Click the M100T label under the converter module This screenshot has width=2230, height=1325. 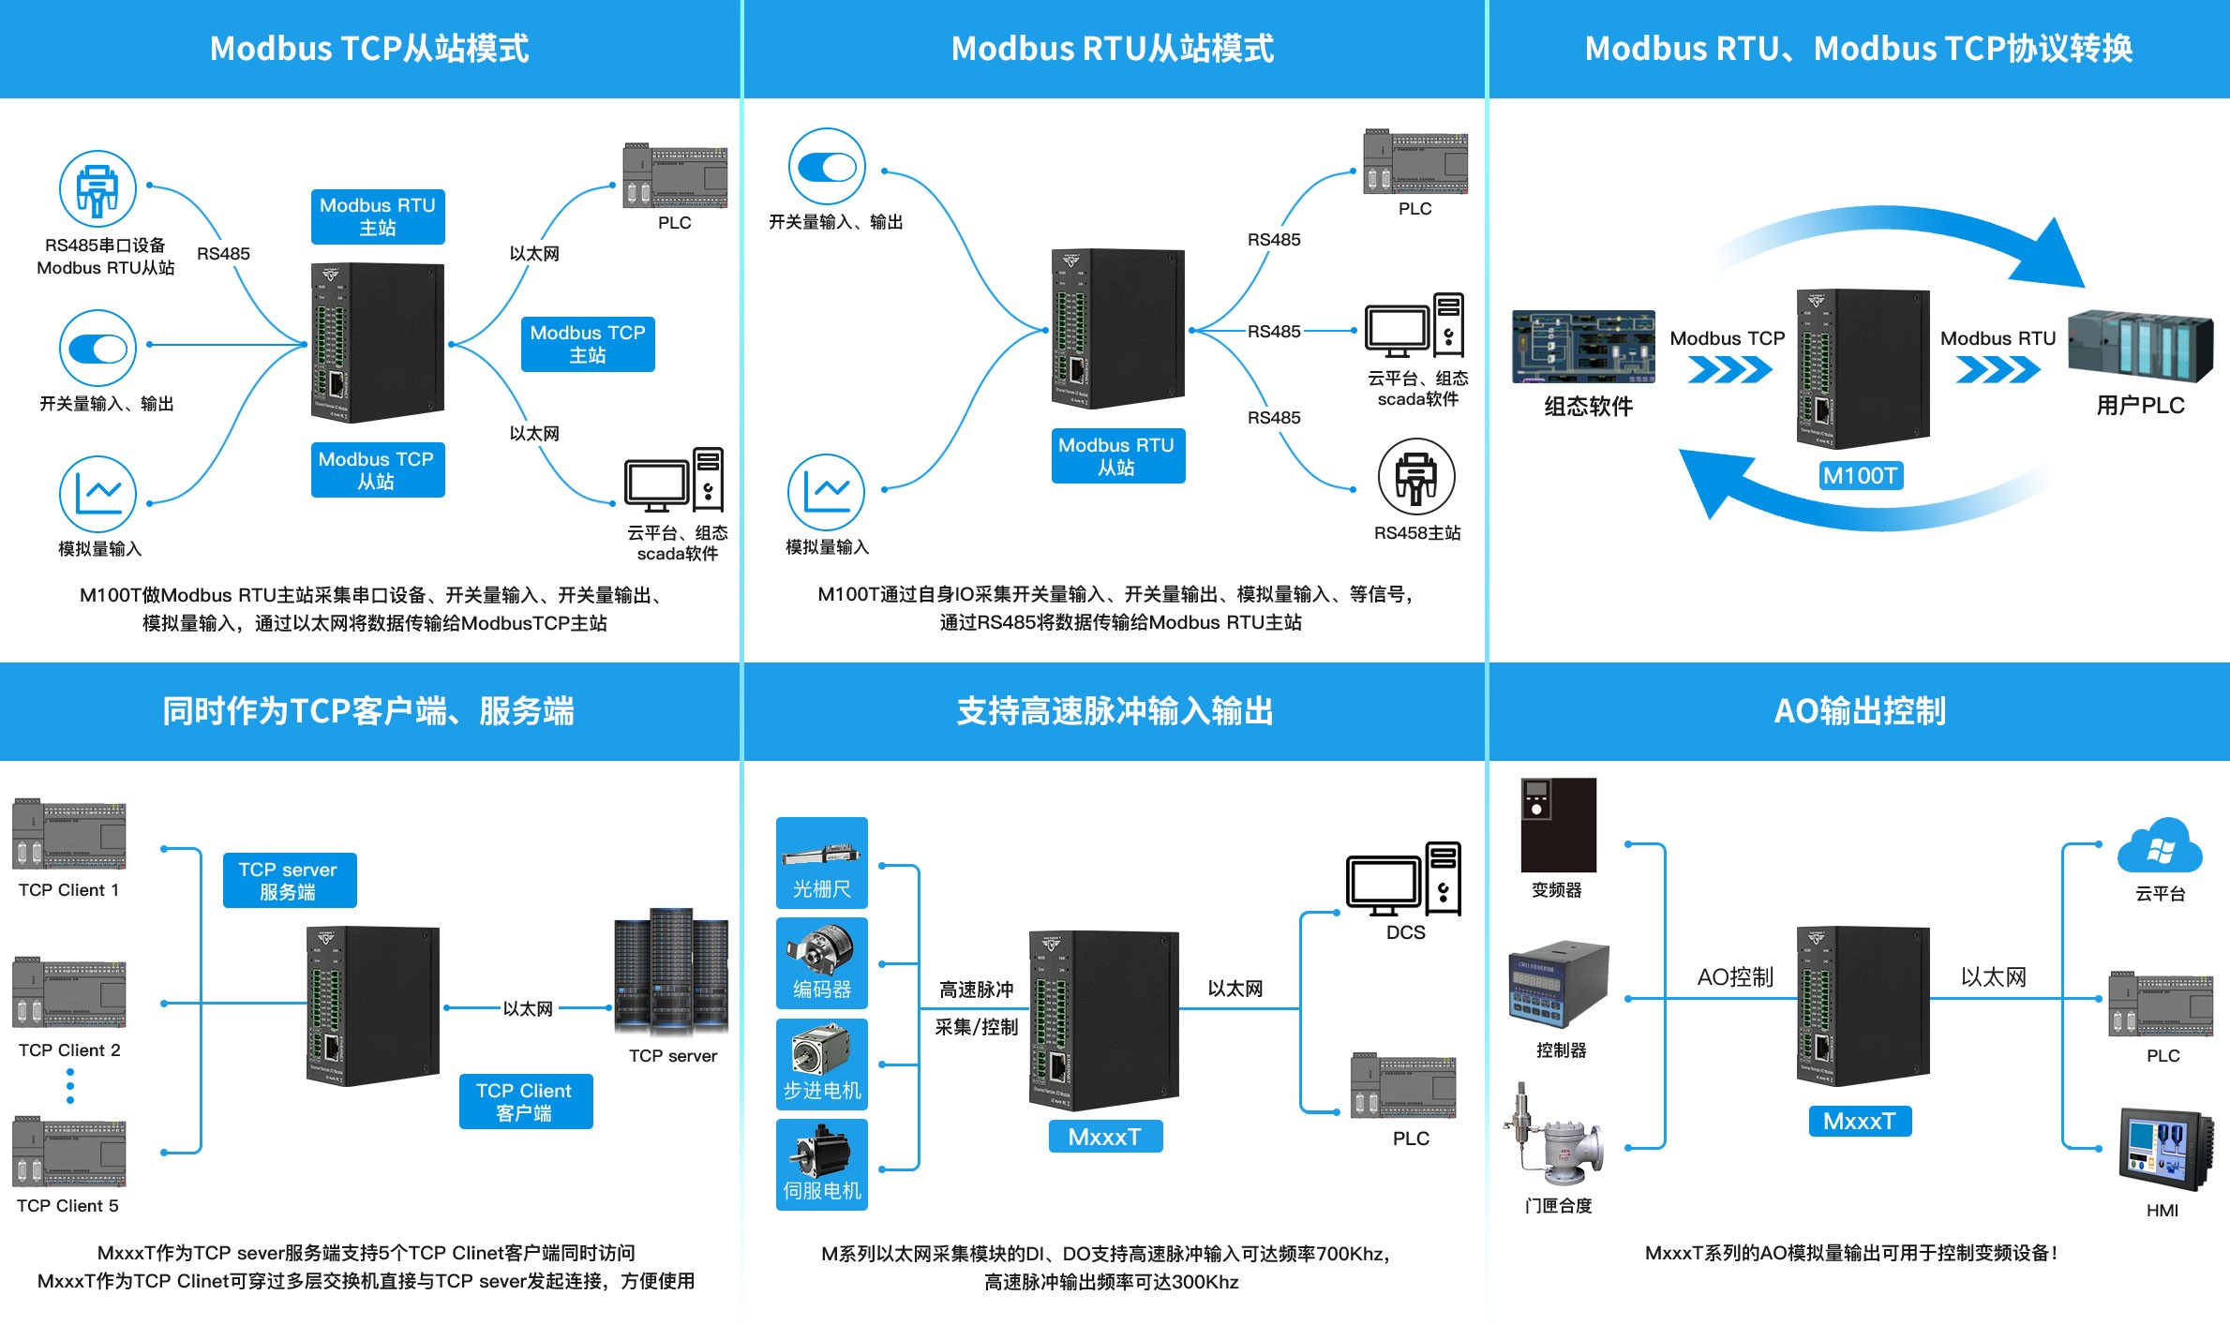(1860, 476)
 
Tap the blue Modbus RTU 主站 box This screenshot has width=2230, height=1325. (378, 216)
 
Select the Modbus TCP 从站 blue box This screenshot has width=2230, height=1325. (377, 469)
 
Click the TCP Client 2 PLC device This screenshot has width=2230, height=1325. (69, 993)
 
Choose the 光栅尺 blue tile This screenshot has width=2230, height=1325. (821, 863)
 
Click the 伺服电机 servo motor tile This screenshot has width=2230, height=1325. (821, 1164)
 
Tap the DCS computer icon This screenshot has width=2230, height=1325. (1403, 880)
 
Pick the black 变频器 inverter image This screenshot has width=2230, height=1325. (1557, 825)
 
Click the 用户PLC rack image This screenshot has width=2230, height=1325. (2141, 346)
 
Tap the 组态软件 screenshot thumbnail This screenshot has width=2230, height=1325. (1582, 347)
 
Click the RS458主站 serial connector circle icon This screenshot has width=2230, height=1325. (1416, 476)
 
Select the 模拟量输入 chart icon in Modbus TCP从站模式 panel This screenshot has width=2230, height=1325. (97, 493)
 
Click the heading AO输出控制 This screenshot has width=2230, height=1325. (1860, 711)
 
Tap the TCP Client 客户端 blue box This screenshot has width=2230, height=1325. (525, 1101)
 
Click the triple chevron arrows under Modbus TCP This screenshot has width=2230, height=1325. (1729, 371)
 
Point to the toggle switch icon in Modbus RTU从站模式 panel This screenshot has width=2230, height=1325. (826, 167)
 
